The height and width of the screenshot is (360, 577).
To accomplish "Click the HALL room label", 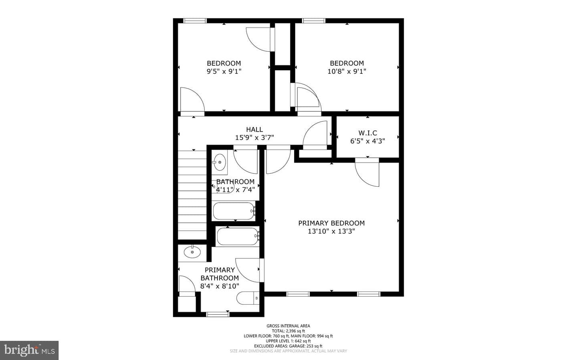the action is click(254, 129).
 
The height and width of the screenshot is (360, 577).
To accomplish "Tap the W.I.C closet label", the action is click(367, 133).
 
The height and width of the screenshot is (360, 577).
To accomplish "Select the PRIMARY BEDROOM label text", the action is click(331, 223).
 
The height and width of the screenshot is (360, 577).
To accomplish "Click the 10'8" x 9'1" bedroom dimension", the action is click(347, 71).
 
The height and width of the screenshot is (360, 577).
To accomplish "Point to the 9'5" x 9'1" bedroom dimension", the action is click(224, 71).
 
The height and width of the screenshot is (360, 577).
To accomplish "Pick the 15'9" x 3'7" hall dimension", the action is click(254, 137).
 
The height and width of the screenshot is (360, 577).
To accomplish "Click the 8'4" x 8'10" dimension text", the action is click(220, 286).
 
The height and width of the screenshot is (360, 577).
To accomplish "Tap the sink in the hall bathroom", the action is click(220, 162).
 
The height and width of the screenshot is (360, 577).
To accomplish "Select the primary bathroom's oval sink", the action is click(192, 252).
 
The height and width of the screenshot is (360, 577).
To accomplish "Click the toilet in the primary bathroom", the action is click(248, 298).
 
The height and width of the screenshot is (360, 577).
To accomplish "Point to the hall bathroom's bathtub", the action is click(234, 211).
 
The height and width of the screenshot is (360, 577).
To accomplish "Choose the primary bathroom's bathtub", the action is click(238, 236).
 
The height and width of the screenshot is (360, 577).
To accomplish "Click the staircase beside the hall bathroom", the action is click(192, 195).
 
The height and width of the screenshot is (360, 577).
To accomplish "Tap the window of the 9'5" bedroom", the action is click(195, 20).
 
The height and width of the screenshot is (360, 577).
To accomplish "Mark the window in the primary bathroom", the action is click(218, 314).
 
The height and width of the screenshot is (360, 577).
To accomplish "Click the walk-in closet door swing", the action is click(367, 172).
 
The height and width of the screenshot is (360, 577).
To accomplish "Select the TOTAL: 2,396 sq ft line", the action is click(288, 331).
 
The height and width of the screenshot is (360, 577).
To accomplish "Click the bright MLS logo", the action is click(29, 350).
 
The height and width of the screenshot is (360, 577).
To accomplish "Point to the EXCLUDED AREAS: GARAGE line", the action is click(288, 346).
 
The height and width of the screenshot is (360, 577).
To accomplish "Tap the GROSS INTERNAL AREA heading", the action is click(288, 326).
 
